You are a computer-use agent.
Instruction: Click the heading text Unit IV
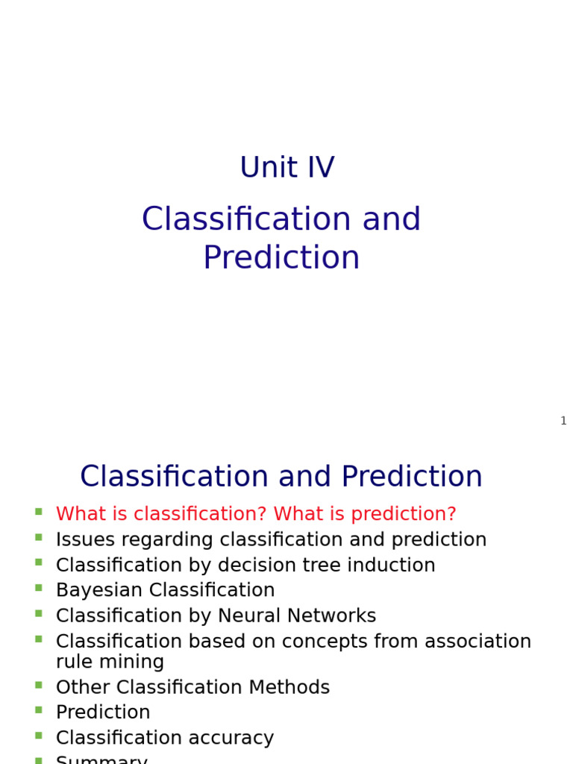pyautogui.click(x=286, y=168)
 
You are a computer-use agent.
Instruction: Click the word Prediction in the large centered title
pyautogui.click(x=281, y=258)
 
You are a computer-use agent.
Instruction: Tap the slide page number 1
pyautogui.click(x=563, y=421)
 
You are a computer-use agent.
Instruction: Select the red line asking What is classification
pyautogui.click(x=255, y=515)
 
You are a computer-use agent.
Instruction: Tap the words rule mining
pyautogui.click(x=110, y=662)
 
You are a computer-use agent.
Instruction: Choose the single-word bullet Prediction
pyautogui.click(x=103, y=713)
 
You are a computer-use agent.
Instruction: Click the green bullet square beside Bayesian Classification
pyautogui.click(x=38, y=588)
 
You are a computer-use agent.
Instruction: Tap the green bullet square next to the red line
pyautogui.click(x=38, y=512)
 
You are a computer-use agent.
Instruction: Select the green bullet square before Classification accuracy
pyautogui.click(x=38, y=736)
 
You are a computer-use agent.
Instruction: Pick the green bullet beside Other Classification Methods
pyautogui.click(x=38, y=684)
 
